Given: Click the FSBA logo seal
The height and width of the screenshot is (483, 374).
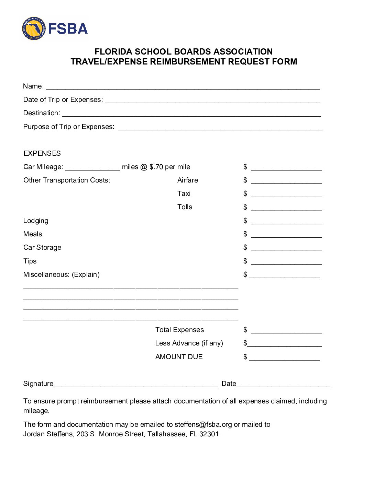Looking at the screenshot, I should point(34,28).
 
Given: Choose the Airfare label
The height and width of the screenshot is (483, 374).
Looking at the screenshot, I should point(188,180).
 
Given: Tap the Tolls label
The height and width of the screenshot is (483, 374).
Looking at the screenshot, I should point(185,207).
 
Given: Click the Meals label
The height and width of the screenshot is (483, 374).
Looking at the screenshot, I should point(33,234).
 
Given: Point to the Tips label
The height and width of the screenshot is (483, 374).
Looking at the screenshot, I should point(30,261).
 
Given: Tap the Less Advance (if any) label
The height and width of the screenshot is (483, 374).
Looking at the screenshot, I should point(189,343).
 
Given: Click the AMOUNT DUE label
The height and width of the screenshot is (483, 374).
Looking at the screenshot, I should point(179,357).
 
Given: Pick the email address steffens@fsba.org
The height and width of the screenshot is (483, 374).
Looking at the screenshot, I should point(203,425).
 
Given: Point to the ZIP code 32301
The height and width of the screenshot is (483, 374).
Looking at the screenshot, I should point(209,434).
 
